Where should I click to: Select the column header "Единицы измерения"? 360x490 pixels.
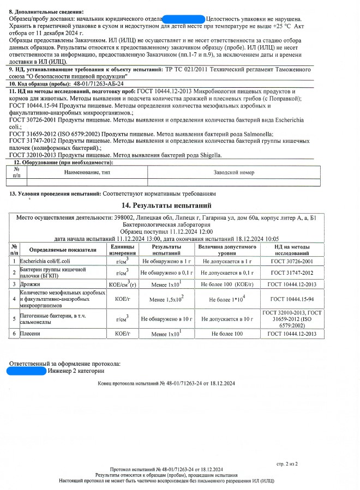(x=122, y=250)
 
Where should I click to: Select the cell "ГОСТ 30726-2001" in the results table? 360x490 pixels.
(x=292, y=261)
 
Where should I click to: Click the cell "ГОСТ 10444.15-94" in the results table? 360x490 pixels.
(x=292, y=299)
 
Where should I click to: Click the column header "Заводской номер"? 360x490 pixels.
(x=234, y=172)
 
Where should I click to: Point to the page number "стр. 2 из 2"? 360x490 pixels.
(x=287, y=464)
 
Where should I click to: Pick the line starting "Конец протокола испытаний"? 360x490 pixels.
(x=166, y=384)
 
